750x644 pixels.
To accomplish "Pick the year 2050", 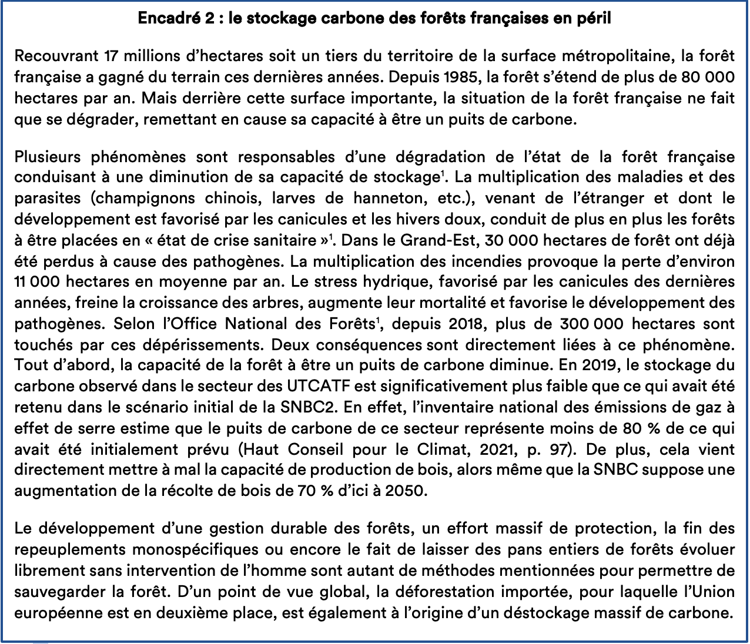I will tap(404, 491).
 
